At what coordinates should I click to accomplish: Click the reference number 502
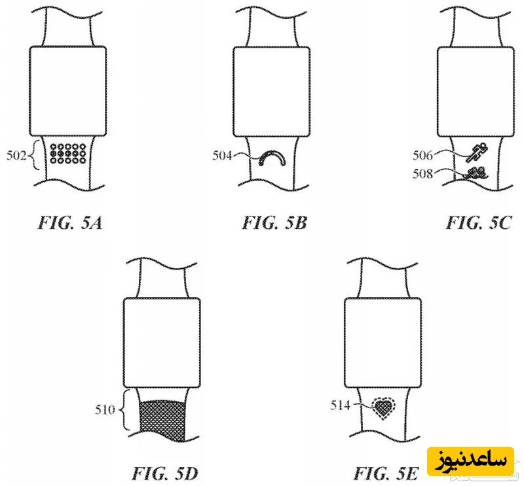click(x=16, y=156)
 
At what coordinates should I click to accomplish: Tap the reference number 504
click(x=222, y=155)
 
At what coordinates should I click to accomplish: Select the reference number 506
click(x=422, y=155)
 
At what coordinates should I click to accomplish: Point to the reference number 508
click(x=422, y=173)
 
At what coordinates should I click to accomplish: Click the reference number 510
click(x=105, y=409)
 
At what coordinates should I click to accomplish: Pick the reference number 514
click(x=340, y=406)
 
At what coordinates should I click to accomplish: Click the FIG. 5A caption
click(x=70, y=222)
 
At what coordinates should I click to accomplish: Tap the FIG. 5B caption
click(x=274, y=222)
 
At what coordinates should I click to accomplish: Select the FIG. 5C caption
click(x=479, y=222)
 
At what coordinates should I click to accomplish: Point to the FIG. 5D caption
click(x=165, y=473)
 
